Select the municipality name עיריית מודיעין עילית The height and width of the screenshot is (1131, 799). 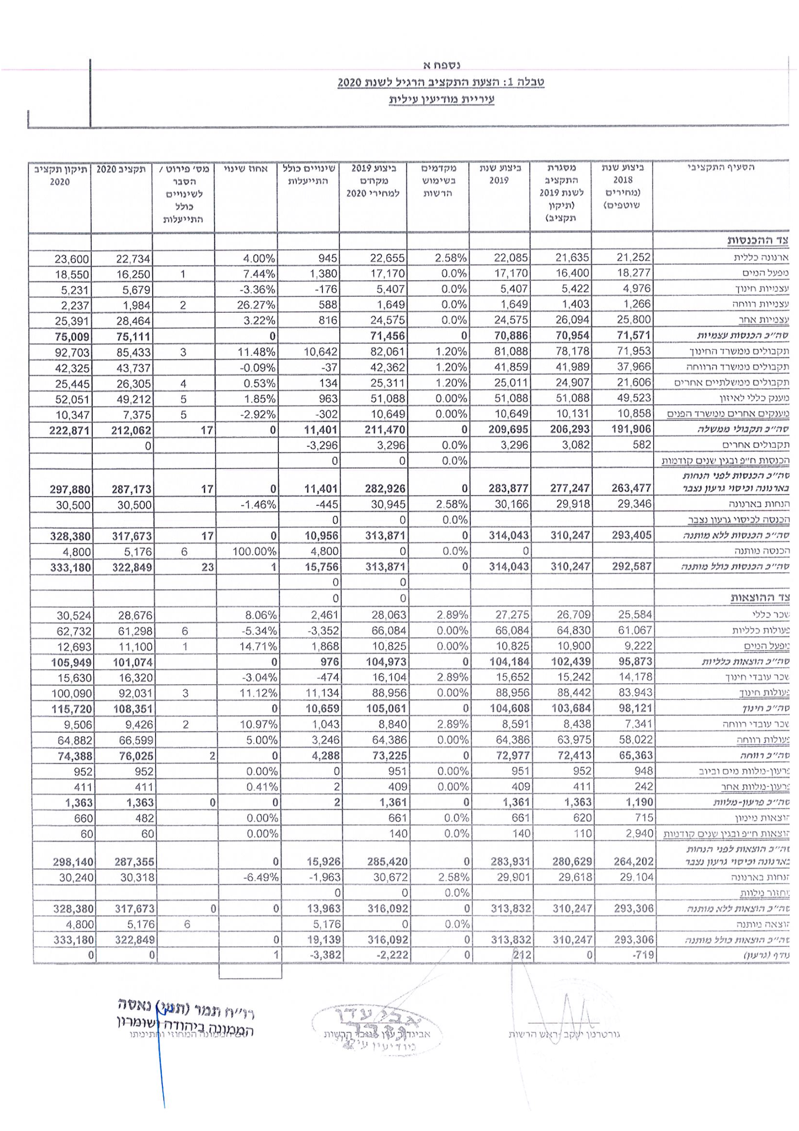[x=441, y=99]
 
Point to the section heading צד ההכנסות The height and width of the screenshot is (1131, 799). [x=758, y=241]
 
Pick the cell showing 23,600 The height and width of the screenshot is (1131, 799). [x=72, y=259]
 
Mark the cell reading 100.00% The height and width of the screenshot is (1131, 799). [x=254, y=552]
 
